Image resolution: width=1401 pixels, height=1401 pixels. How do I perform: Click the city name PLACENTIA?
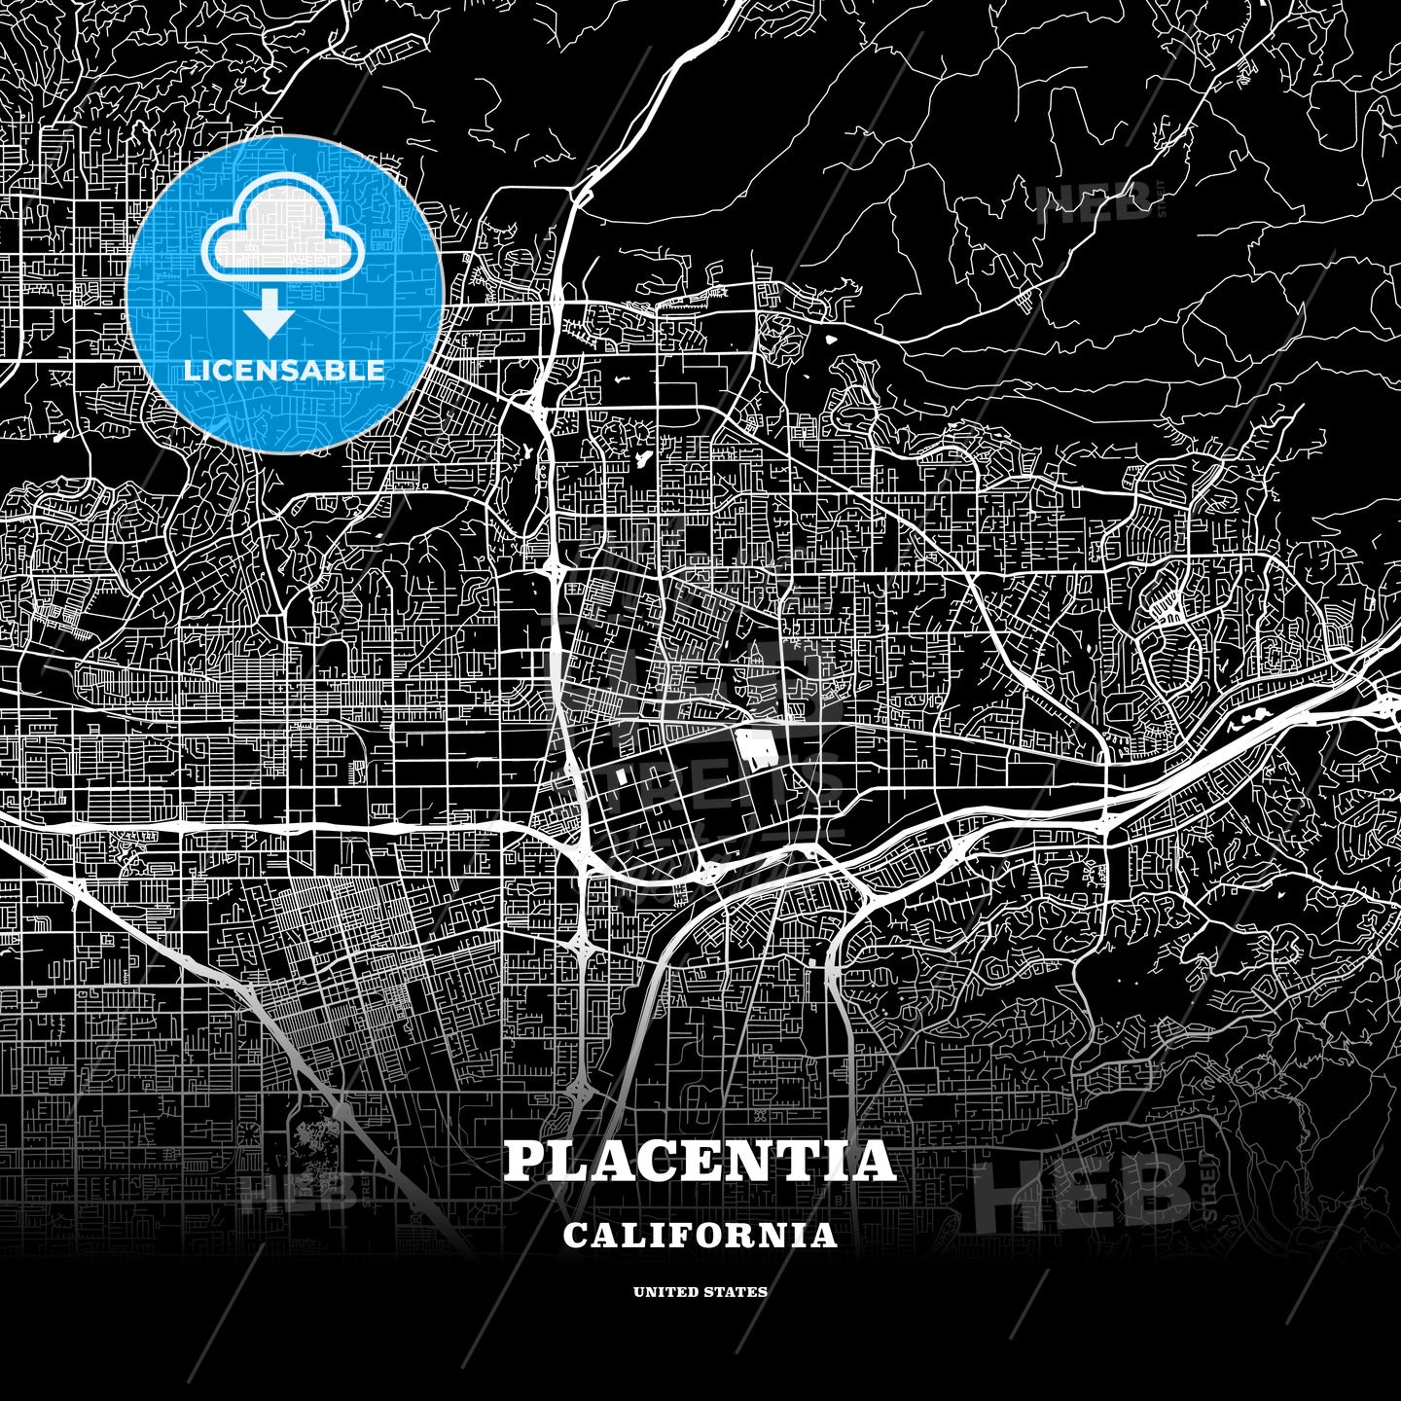coord(700,1161)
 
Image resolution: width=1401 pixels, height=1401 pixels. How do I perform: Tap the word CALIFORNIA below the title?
coord(700,1236)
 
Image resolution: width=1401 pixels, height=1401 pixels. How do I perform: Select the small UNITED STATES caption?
coord(700,1292)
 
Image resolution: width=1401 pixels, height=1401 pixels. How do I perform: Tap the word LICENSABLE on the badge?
coord(284,371)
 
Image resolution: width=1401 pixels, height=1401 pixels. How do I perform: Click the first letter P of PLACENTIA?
coord(522,1161)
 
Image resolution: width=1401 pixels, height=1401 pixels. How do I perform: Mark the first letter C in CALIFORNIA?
coord(575,1236)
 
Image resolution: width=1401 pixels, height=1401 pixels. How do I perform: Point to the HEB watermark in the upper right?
coord(1095,203)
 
